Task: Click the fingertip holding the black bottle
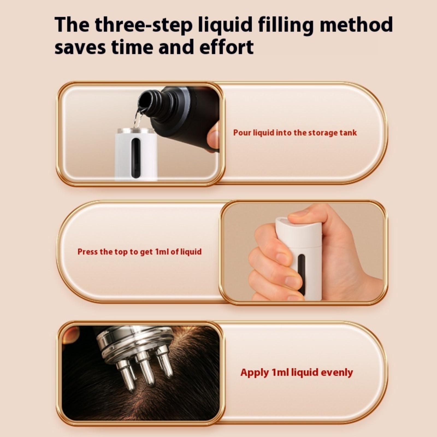tap(213, 137)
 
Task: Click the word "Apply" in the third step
tap(255, 373)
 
